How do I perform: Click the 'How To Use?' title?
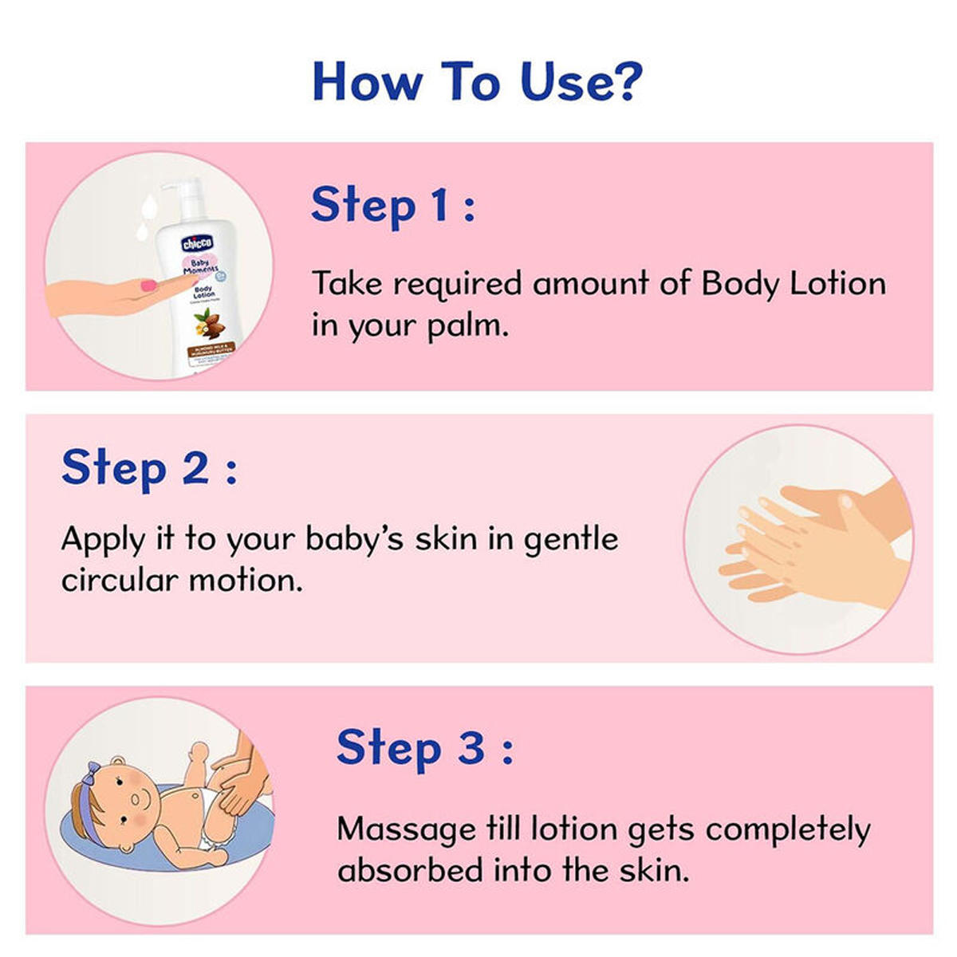click(477, 81)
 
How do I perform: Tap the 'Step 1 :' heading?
click(392, 205)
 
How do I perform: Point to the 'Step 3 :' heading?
click(424, 748)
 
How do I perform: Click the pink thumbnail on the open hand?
click(148, 286)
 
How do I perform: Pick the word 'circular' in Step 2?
click(119, 580)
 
